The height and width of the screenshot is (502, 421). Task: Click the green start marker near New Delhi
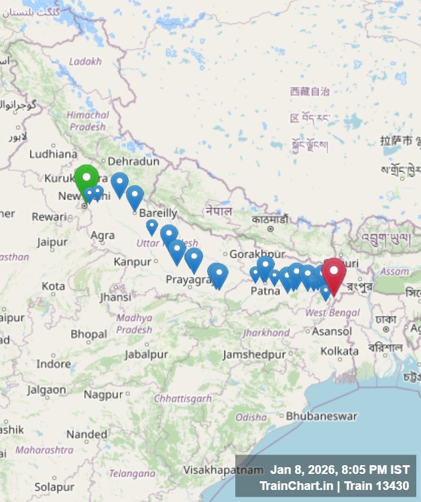tap(86, 178)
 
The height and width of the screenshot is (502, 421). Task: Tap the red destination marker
tap(333, 274)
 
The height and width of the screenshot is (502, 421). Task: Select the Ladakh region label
tap(85, 61)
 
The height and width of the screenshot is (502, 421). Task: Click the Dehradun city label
tap(133, 161)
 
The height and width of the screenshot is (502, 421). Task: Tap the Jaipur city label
tap(52, 242)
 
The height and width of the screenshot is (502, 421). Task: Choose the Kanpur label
tap(133, 261)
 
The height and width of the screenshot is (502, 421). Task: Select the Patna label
tap(265, 291)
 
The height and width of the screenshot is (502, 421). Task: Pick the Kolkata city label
tap(339, 351)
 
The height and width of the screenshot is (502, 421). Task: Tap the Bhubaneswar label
tap(322, 416)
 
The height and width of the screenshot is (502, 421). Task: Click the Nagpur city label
tap(103, 394)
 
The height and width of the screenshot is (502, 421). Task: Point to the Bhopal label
tap(88, 334)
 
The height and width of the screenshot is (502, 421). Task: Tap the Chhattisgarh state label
tap(183, 398)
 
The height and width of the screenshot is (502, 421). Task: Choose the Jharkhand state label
tap(266, 333)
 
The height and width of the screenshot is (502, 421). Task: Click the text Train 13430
tap(381, 485)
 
